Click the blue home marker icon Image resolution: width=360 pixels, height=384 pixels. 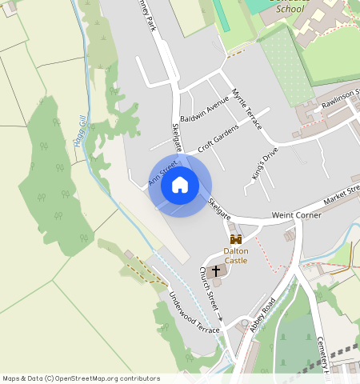coord(180,186)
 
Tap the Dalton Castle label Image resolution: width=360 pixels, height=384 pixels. coord(236,255)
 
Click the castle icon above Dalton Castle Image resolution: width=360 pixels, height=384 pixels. coord(236,239)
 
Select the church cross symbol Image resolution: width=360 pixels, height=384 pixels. coord(216,273)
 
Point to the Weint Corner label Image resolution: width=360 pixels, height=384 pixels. coord(297,215)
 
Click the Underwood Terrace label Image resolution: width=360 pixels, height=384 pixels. coord(192,310)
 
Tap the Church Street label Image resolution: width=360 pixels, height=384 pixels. coord(210,290)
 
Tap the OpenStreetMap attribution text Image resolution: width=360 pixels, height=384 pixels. coord(81,378)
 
